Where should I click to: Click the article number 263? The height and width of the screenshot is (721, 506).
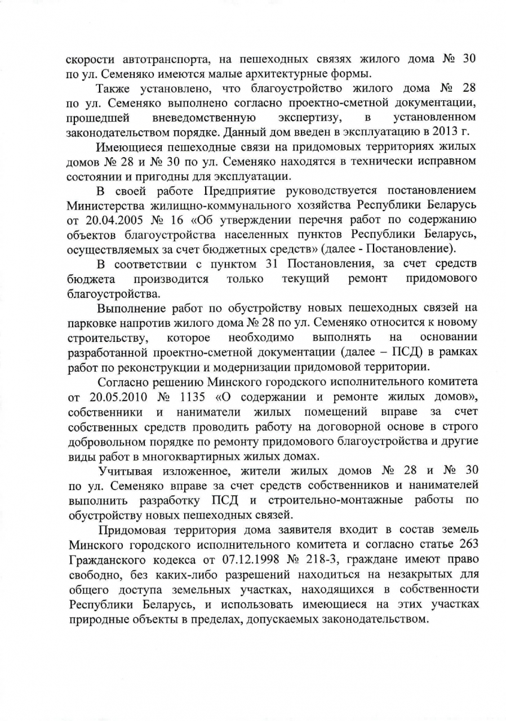click(x=467, y=544)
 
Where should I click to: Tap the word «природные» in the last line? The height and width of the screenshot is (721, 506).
click(x=96, y=618)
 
